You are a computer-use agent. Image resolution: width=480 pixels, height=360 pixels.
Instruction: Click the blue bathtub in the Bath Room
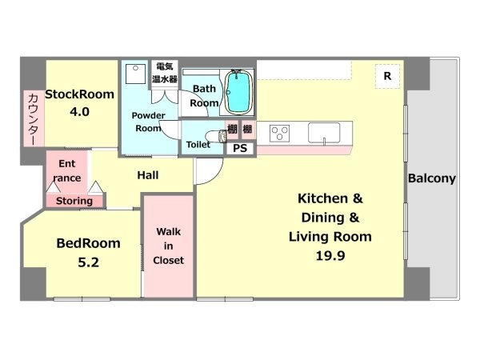(238, 92)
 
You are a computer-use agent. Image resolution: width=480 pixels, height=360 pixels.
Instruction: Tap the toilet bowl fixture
(216, 136)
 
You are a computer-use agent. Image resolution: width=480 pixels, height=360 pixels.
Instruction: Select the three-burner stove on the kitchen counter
(279, 134)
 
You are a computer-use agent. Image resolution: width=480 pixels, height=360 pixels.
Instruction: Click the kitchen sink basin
(324, 133)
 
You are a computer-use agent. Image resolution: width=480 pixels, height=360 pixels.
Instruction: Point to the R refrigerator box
(387, 76)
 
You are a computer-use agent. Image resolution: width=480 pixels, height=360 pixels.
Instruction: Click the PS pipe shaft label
(240, 149)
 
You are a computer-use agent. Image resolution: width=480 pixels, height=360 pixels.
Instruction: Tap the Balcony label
(432, 178)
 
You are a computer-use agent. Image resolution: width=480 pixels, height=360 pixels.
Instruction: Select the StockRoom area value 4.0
(79, 112)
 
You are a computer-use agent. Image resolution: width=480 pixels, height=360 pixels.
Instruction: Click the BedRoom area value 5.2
(89, 262)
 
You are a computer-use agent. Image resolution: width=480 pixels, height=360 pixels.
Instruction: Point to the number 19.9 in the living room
(330, 255)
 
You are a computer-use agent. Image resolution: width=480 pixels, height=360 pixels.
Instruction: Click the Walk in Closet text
(168, 246)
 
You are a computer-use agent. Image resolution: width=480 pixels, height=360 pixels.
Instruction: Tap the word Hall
(148, 175)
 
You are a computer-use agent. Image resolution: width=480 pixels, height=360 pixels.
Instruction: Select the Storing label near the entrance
(74, 201)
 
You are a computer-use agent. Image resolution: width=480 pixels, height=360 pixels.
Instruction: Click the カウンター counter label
(33, 118)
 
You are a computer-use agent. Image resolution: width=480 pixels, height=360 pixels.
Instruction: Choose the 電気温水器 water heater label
(165, 73)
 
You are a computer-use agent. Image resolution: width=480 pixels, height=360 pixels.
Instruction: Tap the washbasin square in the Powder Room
(135, 74)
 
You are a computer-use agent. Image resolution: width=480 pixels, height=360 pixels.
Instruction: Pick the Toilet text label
(198, 145)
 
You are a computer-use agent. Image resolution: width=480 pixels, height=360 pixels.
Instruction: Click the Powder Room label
(149, 122)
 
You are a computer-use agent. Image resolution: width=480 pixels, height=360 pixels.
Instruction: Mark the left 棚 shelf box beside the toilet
(232, 129)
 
